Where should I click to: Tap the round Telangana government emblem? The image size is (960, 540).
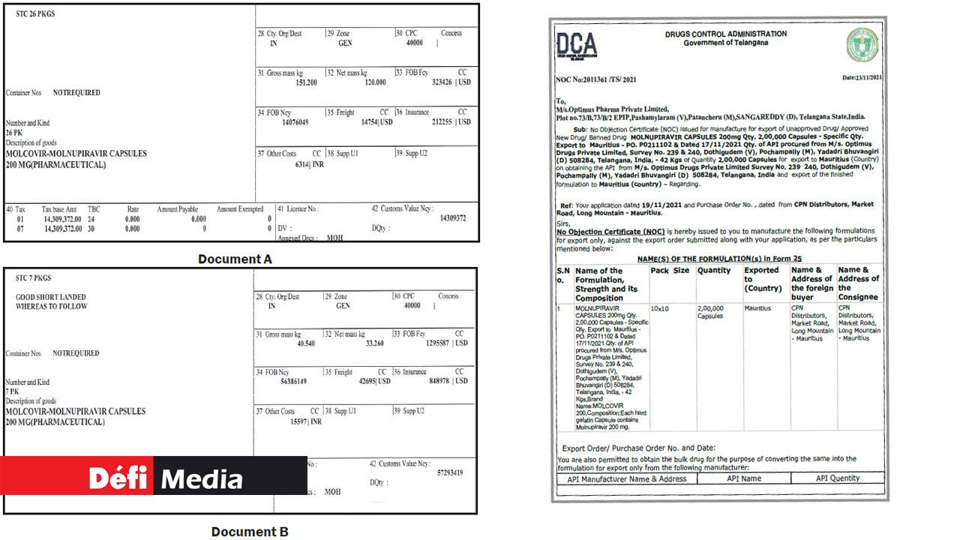tap(862, 45)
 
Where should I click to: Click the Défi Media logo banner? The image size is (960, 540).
tap(154, 476)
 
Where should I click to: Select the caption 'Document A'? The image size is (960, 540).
tap(235, 259)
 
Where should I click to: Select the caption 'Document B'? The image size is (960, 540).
tap(250, 532)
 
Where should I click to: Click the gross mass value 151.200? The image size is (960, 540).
tap(306, 82)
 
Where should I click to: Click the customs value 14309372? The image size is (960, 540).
tap(452, 218)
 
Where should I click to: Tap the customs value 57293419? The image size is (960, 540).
tap(450, 473)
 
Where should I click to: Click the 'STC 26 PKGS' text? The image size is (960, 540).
tap(35, 14)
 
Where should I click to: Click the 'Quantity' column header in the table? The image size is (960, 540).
tap(713, 271)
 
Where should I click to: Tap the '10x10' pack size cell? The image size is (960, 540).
tap(661, 308)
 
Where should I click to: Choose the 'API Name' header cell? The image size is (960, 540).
tap(744, 478)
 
